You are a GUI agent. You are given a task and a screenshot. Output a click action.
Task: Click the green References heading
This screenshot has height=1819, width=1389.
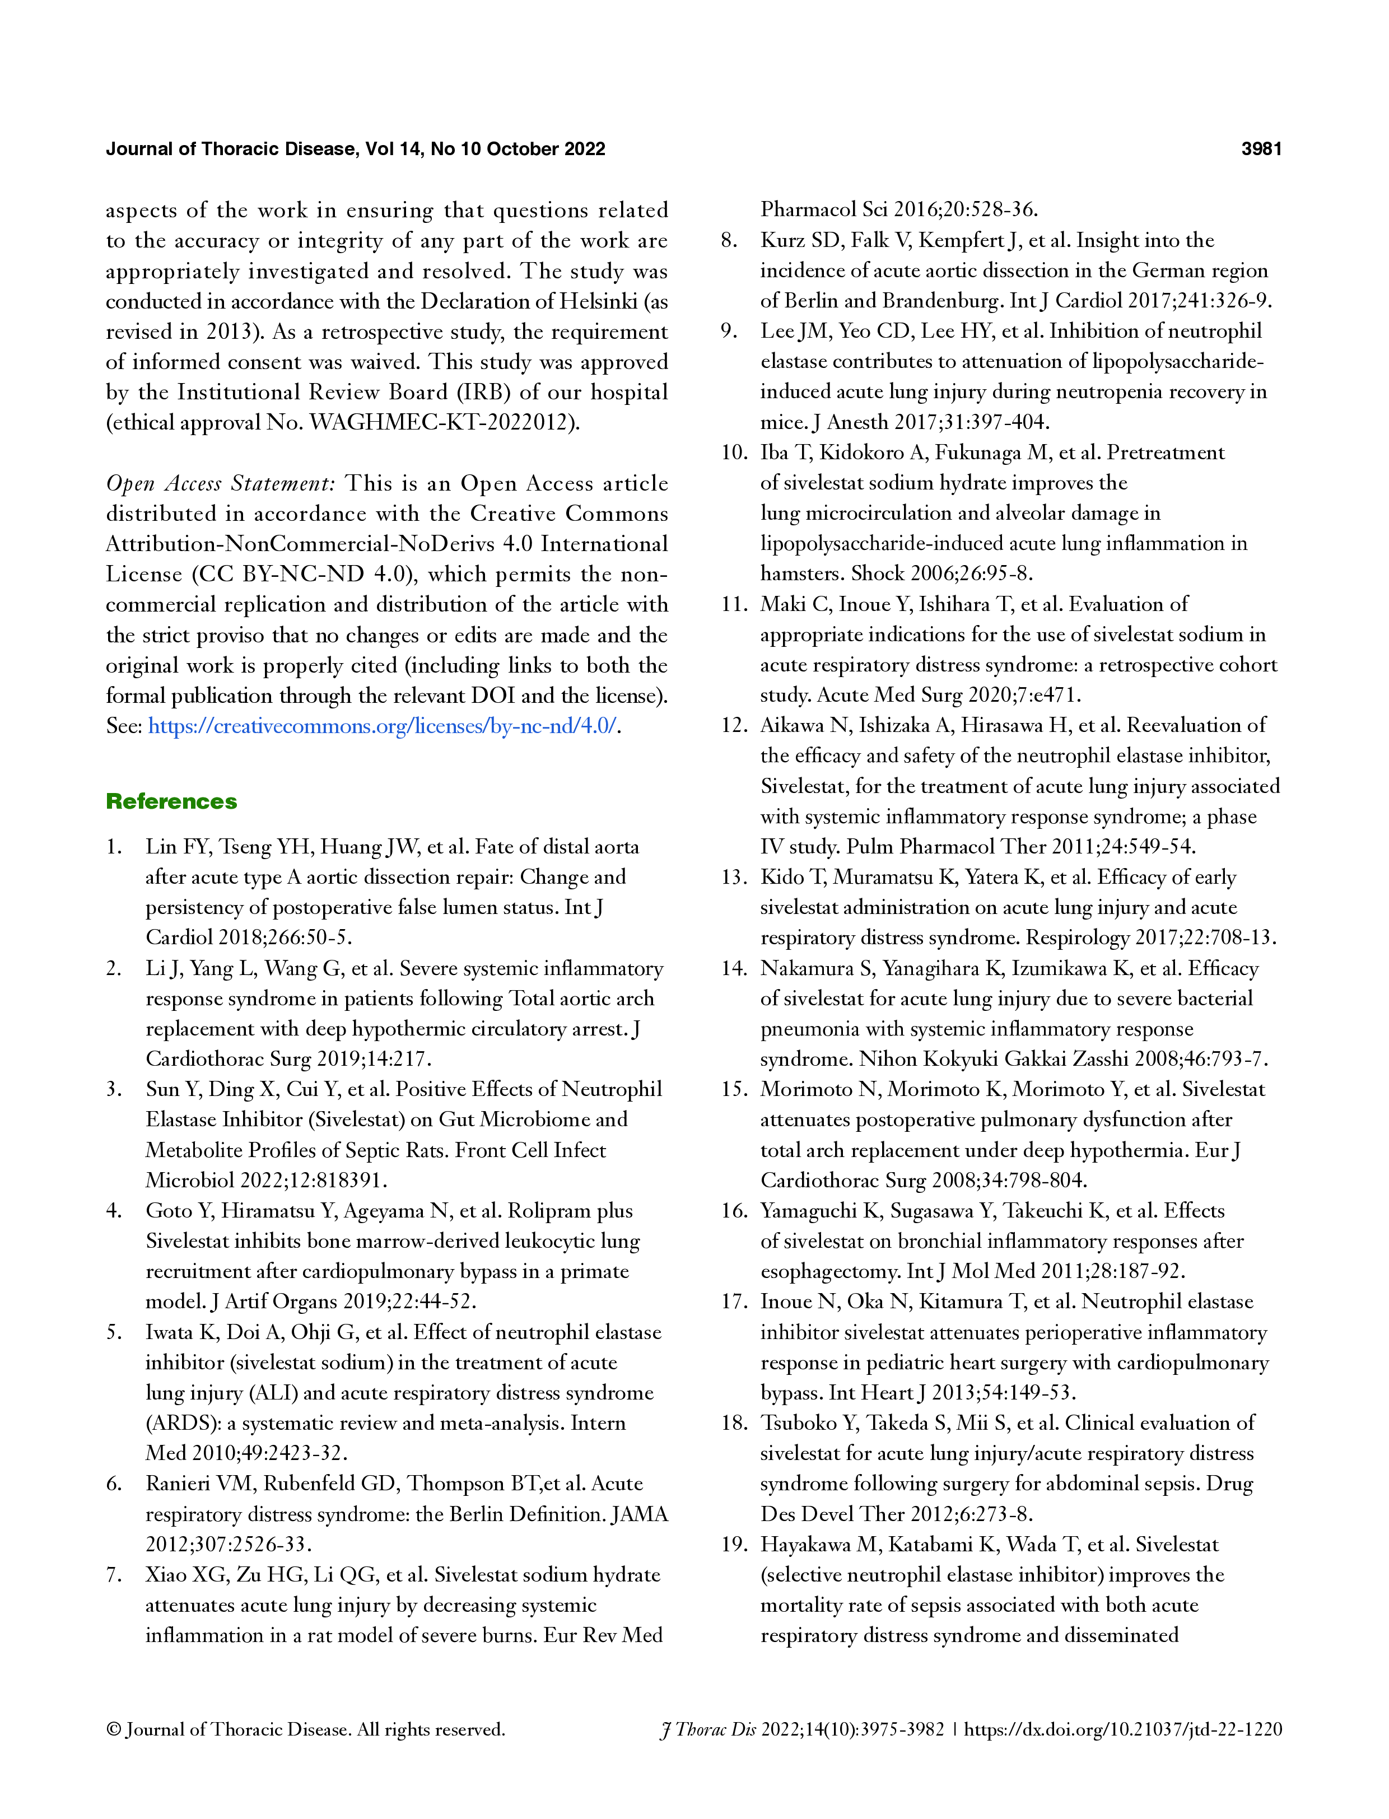pyautogui.click(x=171, y=801)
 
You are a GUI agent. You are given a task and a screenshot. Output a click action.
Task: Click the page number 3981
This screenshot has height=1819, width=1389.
pyautogui.click(x=1261, y=149)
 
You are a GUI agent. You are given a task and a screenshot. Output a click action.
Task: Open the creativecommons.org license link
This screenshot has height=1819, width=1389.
pyautogui.click(x=382, y=726)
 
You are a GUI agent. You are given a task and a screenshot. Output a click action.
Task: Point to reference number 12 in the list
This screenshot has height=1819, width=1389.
pyautogui.click(x=733, y=725)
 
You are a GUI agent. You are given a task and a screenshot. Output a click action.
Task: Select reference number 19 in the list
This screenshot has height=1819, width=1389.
pyautogui.click(x=733, y=1545)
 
